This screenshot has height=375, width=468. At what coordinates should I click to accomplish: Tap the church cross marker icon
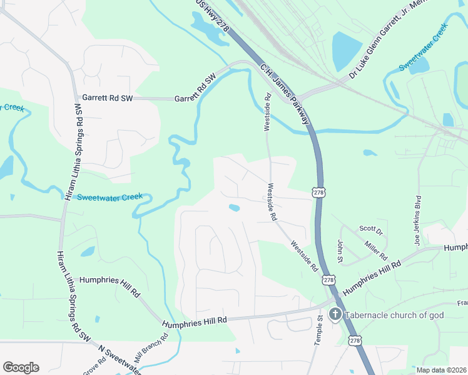[335, 314]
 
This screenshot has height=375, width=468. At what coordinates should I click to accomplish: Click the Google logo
[21, 367]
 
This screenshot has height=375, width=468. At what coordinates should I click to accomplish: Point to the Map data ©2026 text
[442, 370]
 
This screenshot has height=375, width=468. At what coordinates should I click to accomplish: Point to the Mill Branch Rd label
[152, 349]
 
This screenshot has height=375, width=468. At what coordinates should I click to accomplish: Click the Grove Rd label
[90, 366]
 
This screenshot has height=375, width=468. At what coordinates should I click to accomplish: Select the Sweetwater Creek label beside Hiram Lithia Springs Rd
[109, 197]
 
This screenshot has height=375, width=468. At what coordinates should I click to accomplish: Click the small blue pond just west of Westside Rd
[234, 208]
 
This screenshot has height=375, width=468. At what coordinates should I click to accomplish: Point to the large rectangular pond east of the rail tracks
[347, 50]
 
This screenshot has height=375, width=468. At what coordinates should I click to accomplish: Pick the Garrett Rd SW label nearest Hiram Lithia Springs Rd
[107, 98]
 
